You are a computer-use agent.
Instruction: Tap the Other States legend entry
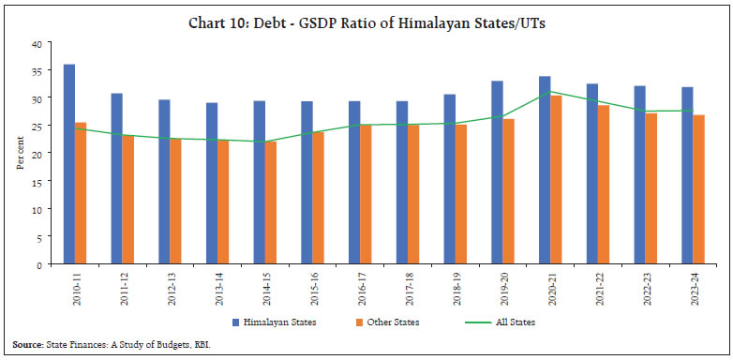390,322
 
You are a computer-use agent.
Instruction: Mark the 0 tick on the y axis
37,264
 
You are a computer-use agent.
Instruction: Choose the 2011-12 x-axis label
123,287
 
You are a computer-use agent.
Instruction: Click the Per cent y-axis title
20,154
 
